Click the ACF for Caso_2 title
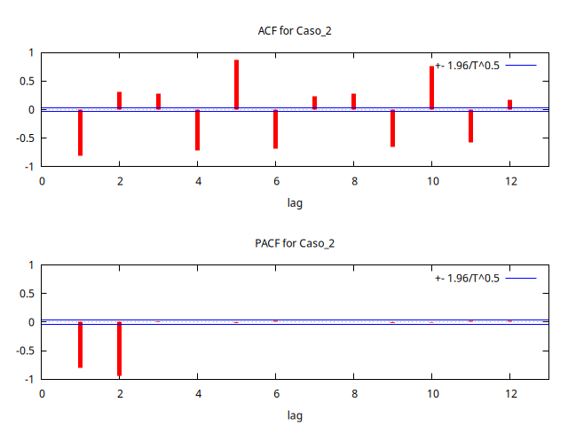click(x=294, y=31)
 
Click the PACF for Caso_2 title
click(x=294, y=243)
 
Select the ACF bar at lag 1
click(x=80, y=132)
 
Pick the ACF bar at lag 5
click(x=236, y=85)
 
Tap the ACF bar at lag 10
click(x=432, y=88)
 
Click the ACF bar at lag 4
click(x=197, y=130)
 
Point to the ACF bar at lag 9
click(x=392, y=128)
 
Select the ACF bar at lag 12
click(x=509, y=105)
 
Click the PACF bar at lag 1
click(x=80, y=344)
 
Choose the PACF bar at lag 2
click(x=119, y=349)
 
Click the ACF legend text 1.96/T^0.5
click(x=468, y=66)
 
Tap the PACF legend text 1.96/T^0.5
click(x=468, y=278)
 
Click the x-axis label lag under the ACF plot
click(x=295, y=203)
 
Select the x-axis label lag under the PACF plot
click(x=295, y=415)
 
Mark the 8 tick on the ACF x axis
click(x=353, y=181)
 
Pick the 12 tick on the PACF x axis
click(x=509, y=393)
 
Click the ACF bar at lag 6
click(x=275, y=129)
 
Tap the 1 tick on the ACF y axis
click(x=30, y=53)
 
